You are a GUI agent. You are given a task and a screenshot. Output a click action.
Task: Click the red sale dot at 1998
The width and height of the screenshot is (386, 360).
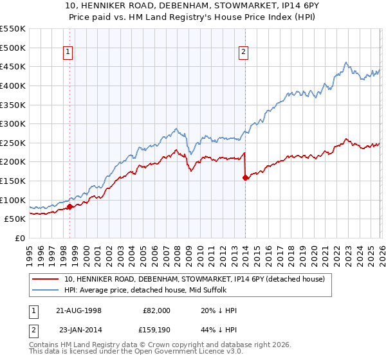pos(69,206)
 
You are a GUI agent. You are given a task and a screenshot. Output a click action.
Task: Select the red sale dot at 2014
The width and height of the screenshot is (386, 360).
pos(245,177)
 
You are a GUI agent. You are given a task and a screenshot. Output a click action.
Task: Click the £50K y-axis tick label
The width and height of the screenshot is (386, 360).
pos(15,219)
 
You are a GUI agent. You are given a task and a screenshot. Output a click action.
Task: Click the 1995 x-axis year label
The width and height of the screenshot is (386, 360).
pos(30,251)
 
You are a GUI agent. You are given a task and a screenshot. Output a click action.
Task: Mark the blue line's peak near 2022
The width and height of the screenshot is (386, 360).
pos(345,62)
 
